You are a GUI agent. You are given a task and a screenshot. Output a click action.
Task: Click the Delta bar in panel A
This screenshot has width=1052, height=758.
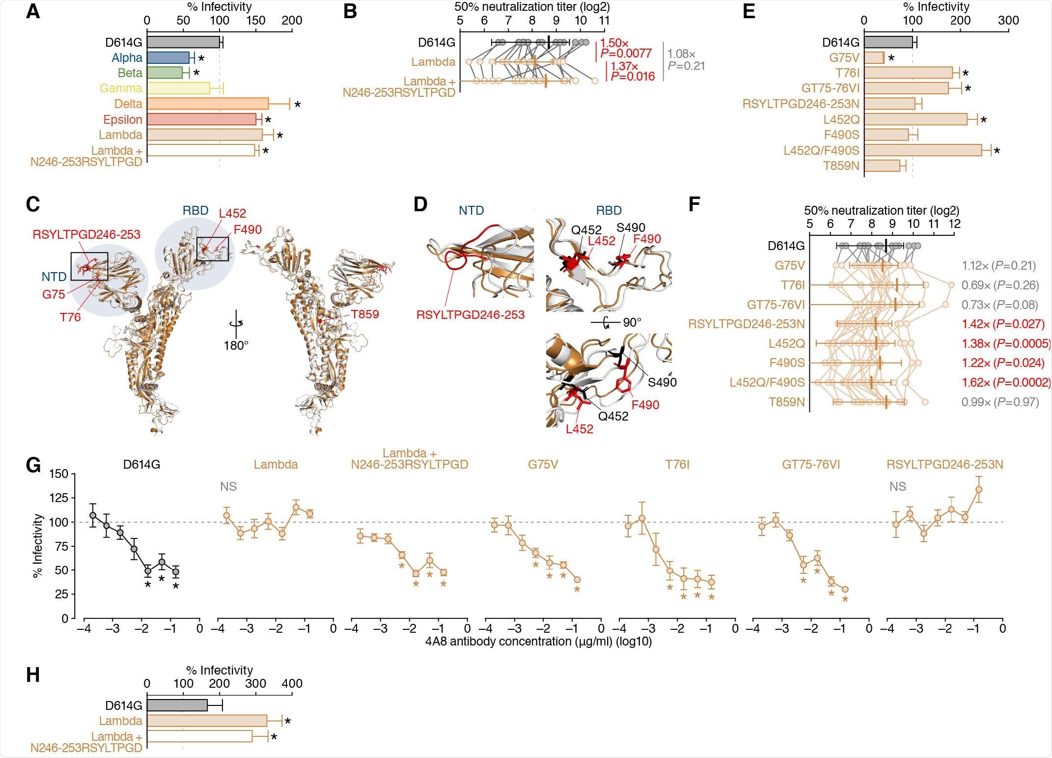(207, 104)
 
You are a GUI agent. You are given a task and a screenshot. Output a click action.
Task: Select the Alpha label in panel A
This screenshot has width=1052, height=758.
(127, 57)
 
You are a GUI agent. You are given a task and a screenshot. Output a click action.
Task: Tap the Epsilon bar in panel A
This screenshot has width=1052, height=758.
(201, 119)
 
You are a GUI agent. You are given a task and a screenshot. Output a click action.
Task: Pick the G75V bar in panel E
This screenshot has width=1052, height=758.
(874, 57)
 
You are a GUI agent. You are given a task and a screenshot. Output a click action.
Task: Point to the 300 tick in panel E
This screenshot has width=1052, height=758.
(1008, 21)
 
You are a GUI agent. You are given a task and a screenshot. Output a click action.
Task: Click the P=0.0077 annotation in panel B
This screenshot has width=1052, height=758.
(627, 53)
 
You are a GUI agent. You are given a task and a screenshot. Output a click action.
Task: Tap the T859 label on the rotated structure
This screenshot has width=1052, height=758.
(364, 314)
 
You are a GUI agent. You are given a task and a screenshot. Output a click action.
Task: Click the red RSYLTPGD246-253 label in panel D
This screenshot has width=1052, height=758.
(470, 314)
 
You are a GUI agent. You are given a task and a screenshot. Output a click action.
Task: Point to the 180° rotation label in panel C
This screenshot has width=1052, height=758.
(236, 345)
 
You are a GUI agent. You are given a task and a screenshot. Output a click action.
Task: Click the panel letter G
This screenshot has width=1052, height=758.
(33, 465)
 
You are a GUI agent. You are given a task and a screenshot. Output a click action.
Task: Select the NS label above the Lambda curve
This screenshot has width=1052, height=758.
(228, 486)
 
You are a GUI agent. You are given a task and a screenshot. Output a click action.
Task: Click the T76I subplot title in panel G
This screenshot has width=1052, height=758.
(677, 464)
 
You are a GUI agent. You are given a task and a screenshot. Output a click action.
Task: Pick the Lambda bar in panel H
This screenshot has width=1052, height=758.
(207, 721)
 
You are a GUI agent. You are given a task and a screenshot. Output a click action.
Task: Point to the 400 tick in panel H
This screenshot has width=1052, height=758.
(292, 683)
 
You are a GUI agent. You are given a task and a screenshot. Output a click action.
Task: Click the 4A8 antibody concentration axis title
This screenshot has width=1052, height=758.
(538, 641)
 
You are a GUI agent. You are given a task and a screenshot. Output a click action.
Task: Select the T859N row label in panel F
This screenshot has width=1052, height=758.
(787, 402)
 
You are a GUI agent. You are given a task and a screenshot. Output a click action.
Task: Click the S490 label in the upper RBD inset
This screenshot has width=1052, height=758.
(631, 227)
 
